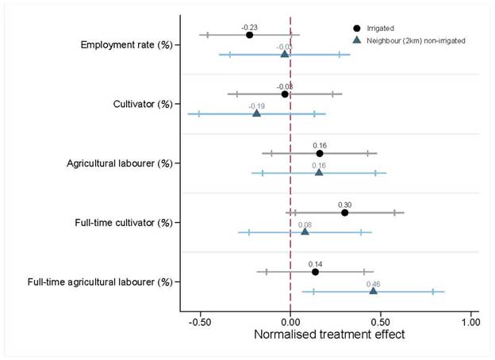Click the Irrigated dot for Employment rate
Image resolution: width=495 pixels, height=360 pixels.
pyautogui.click(x=249, y=35)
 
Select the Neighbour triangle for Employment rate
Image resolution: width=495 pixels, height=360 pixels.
pyautogui.click(x=284, y=54)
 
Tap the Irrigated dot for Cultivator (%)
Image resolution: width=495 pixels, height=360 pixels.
pyautogui.click(x=285, y=94)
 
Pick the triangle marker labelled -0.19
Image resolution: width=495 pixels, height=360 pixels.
pyautogui.click(x=256, y=113)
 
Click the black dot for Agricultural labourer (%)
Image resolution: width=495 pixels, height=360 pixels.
pyautogui.click(x=320, y=153)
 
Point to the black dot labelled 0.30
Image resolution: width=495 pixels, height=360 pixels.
pyautogui.click(x=344, y=213)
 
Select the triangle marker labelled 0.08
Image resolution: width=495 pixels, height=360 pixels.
pyautogui.click(x=305, y=232)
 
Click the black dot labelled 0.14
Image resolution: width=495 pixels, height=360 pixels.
pyautogui.click(x=315, y=272)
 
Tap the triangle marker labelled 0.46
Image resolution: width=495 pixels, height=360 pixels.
pyautogui.click(x=373, y=291)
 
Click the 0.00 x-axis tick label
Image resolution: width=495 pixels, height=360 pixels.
pyautogui.click(x=290, y=323)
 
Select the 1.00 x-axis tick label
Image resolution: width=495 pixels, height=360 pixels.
pyautogui.click(x=470, y=323)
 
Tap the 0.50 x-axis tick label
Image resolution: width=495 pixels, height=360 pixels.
pyautogui.click(x=381, y=323)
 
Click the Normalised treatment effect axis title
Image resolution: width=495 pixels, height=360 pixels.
pyautogui.click(x=328, y=335)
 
